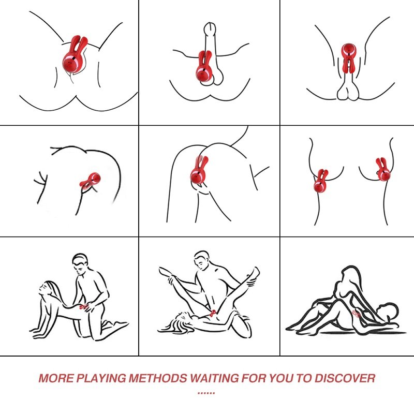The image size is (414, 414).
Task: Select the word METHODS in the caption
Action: [x=158, y=378]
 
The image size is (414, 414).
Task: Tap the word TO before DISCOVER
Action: [x=304, y=378]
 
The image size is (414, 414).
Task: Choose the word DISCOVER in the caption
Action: [x=345, y=378]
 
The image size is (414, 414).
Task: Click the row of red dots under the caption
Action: [x=206, y=393]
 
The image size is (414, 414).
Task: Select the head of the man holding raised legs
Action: [x=202, y=260]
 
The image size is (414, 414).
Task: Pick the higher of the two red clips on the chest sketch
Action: [x=383, y=170]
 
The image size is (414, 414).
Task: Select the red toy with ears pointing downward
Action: [x=348, y=58]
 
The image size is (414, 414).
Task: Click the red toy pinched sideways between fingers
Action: [x=90, y=180]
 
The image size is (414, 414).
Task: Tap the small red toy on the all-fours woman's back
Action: [x=84, y=306]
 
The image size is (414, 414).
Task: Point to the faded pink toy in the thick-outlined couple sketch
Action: [x=357, y=314]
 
